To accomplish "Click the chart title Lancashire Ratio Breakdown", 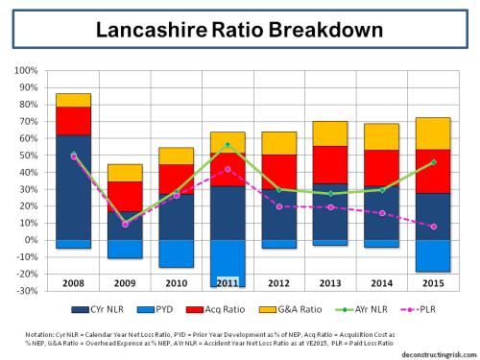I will pyautogui.click(x=240, y=29).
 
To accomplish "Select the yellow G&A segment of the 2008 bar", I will pyautogui.click(x=73, y=100).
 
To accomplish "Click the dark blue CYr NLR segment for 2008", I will pyautogui.click(x=73, y=192).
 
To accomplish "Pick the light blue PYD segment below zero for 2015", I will pyautogui.click(x=438, y=255).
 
